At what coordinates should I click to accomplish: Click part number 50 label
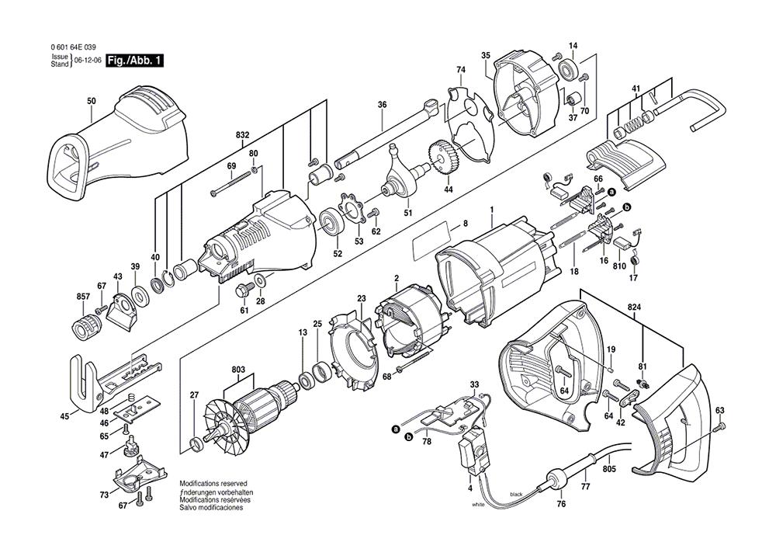pos(92,102)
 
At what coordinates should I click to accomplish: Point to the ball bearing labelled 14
pos(570,71)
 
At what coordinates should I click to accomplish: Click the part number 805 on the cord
pos(609,470)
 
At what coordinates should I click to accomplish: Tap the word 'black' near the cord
pos(516,494)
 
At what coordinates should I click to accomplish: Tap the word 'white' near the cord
pos(479,505)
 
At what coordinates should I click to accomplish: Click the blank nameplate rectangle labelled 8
pos(431,241)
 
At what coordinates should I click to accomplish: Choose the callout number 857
pos(81,297)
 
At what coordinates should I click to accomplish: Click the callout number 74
pos(460,70)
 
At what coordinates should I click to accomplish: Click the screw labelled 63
pos(722,427)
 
